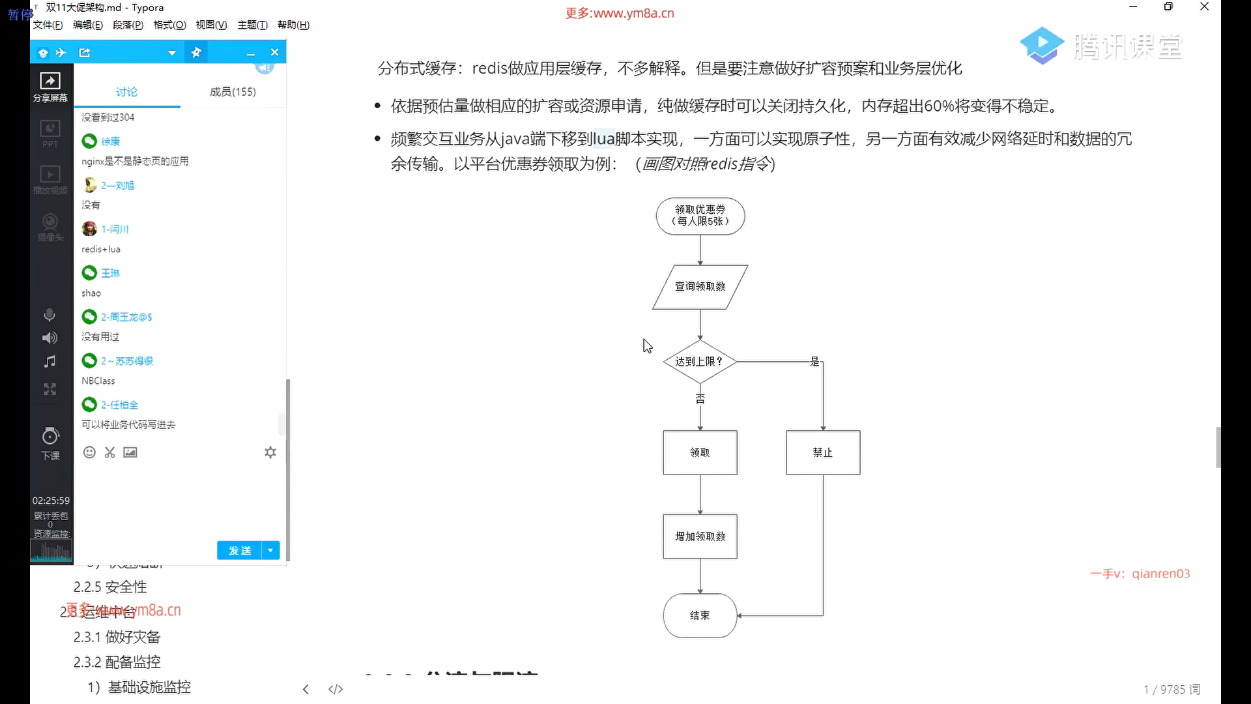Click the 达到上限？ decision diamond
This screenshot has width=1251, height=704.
[x=700, y=361]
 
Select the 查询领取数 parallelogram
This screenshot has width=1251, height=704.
[x=700, y=286]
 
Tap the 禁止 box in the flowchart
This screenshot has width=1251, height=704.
[x=823, y=452]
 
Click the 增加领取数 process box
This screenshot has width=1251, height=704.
[x=700, y=536]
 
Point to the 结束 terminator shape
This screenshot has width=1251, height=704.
[x=700, y=615]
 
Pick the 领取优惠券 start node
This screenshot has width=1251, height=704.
[x=700, y=216]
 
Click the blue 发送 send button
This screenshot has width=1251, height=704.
[x=240, y=551]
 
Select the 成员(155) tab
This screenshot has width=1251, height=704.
[x=233, y=92]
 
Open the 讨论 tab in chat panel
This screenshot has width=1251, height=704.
[x=127, y=92]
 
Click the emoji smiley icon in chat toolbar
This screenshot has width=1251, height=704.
[x=90, y=452]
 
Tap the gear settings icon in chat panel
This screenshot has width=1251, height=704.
[x=270, y=452]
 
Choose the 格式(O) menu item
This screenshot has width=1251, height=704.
[x=169, y=25]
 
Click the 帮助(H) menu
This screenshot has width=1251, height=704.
[x=293, y=25]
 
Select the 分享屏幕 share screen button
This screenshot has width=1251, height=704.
[x=50, y=87]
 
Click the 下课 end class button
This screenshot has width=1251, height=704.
[x=50, y=443]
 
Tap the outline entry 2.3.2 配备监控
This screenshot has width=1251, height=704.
[x=117, y=662]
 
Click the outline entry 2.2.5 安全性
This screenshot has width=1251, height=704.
[x=110, y=587]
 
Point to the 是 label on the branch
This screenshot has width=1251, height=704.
[x=814, y=361]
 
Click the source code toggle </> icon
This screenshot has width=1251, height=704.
[x=336, y=689]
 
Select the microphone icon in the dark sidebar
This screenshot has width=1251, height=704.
[x=50, y=315]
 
